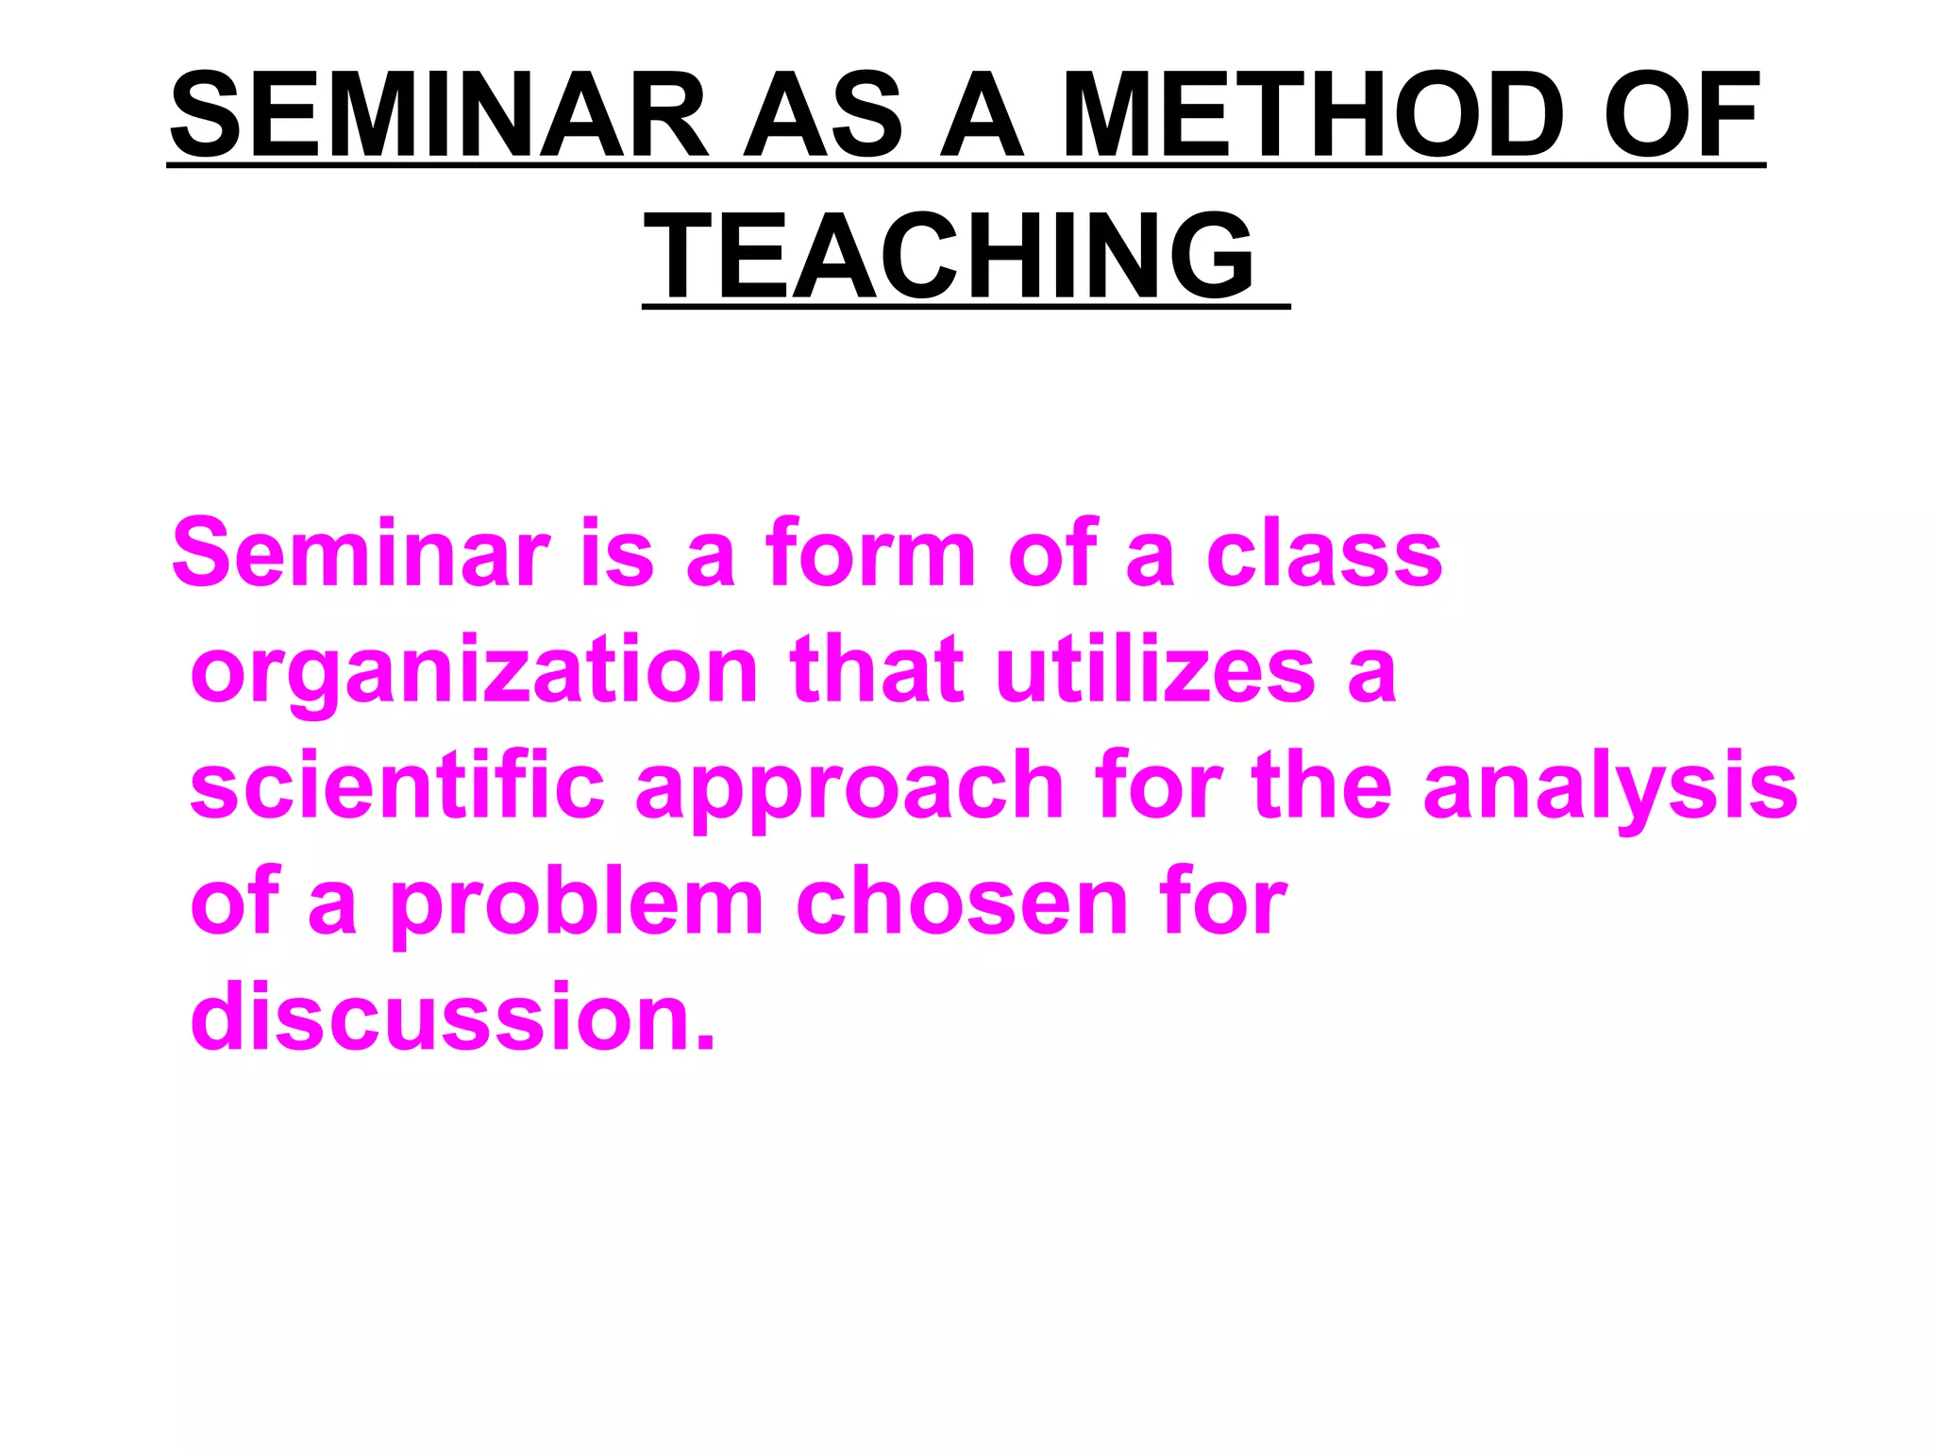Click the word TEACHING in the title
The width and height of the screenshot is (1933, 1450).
pyautogui.click(x=950, y=256)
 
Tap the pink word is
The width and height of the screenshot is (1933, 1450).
pyautogui.click(x=618, y=554)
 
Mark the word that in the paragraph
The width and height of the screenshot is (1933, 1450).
pyautogui.click(x=878, y=670)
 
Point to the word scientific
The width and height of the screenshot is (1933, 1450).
pyautogui.click(x=397, y=786)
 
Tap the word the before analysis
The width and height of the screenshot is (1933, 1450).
pyautogui.click(x=1321, y=786)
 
